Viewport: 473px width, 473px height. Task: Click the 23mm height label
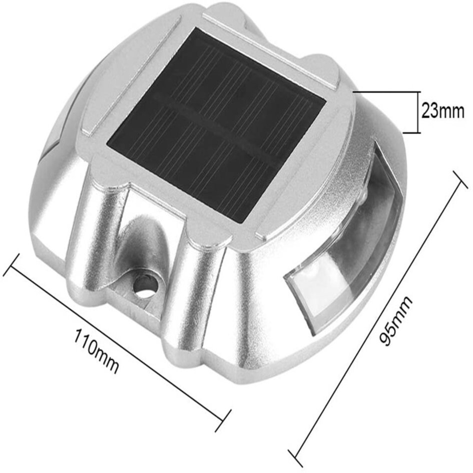442,111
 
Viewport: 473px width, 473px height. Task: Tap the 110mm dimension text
97,350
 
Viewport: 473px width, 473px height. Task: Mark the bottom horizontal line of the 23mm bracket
410,133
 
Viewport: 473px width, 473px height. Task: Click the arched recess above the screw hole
143,240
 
